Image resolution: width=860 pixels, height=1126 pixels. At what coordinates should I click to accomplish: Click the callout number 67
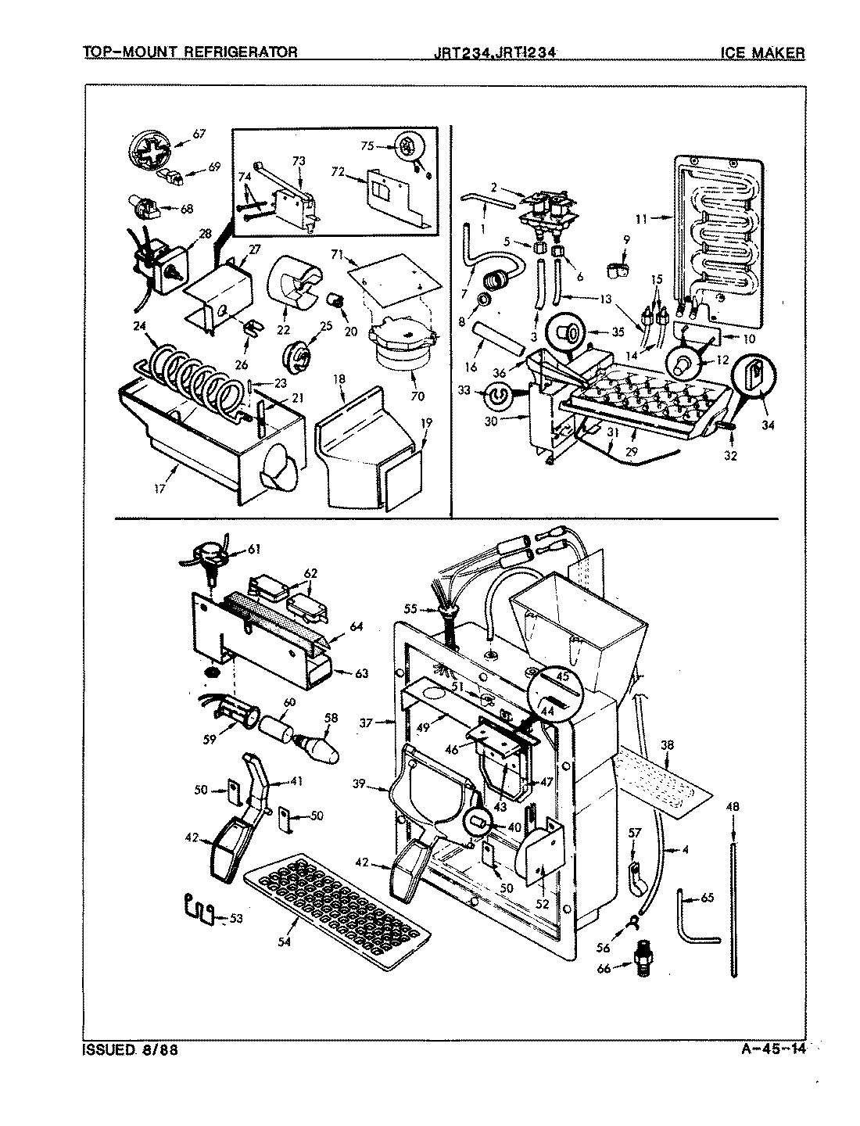pos(199,134)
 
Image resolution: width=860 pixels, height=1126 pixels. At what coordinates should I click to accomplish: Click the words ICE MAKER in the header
pos(762,52)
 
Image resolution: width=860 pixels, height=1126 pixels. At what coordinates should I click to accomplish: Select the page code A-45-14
pos(772,1049)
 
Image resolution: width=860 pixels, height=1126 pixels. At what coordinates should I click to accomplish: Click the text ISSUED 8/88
pos(130,1049)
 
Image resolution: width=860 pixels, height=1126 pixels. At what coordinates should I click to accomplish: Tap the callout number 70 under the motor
pos(417,396)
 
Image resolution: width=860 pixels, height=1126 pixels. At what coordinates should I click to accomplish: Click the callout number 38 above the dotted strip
pos(665,745)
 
